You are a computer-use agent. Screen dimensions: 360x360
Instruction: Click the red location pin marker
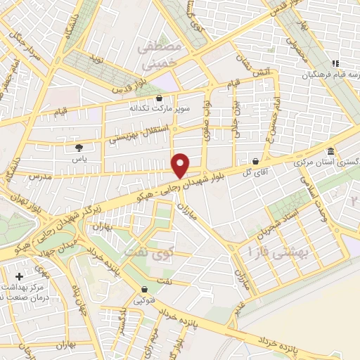[181, 166]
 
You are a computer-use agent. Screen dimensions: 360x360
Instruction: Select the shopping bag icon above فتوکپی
[145, 289]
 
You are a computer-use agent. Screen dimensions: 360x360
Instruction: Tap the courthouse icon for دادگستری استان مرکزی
[330, 152]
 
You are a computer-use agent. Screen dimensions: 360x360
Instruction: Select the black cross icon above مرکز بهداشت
[19, 277]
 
